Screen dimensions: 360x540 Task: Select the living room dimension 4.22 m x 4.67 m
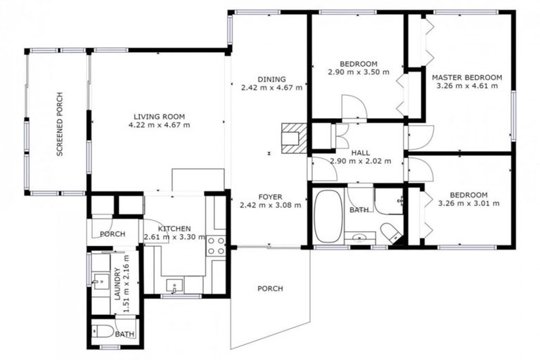[x=160, y=125]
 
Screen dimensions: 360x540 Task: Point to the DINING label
[x=271, y=79]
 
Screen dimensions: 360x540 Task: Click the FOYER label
[x=271, y=197]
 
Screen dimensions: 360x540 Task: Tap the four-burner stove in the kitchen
[x=215, y=245]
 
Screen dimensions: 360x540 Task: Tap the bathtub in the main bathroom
[x=326, y=216]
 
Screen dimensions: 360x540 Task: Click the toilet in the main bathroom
[x=389, y=231]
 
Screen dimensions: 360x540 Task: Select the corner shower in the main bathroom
[x=388, y=200]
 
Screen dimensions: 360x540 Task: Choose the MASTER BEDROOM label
[x=467, y=77]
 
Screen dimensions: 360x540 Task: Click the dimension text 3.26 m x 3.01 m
[x=468, y=204]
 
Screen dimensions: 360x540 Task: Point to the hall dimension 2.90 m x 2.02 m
[x=356, y=161]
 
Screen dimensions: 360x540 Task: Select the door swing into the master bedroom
[x=419, y=138]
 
